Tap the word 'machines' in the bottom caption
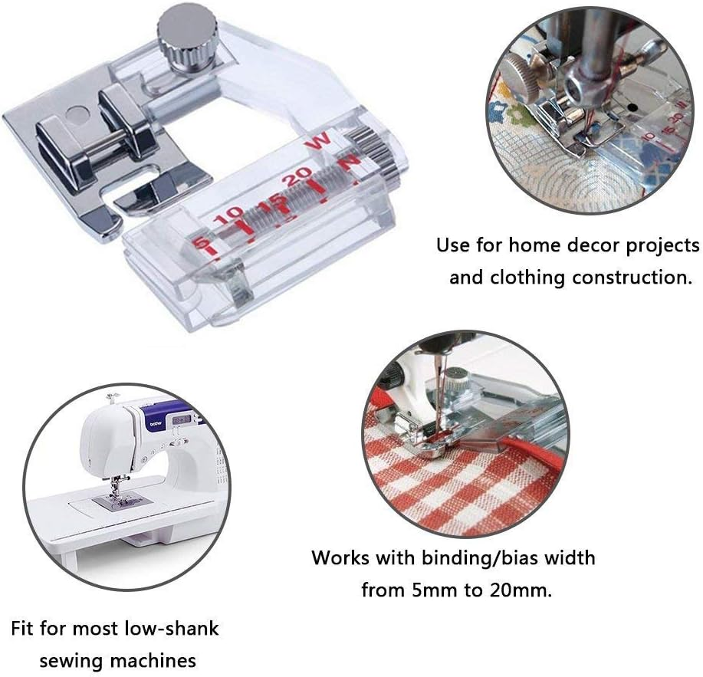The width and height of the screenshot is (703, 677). point(158,660)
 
